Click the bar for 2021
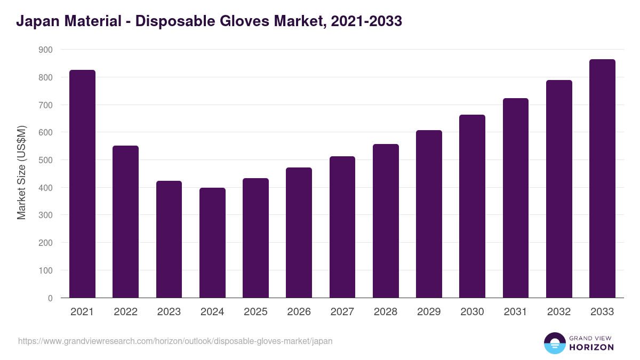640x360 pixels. [82, 184]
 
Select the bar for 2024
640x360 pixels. [212, 243]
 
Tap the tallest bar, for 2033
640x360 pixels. [602, 179]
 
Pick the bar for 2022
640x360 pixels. [125, 221]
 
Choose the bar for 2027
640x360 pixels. [342, 227]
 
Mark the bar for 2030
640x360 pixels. [472, 206]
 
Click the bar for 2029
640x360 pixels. [429, 214]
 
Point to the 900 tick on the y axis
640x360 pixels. [46, 50]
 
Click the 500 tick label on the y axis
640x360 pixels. [46, 160]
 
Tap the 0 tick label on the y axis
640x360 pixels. [50, 298]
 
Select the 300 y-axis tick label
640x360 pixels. [46, 215]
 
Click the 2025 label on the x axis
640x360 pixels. [255, 312]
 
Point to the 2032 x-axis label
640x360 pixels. [559, 312]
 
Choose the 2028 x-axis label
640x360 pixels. [386, 312]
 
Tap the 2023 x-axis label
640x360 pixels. [169, 312]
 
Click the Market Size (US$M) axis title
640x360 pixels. [21, 173]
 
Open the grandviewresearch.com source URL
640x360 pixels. [175, 341]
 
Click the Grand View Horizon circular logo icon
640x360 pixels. [555, 343]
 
